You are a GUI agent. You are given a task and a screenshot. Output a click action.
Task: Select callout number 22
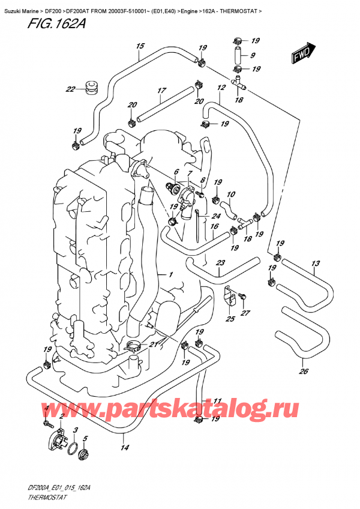[x=71, y=90]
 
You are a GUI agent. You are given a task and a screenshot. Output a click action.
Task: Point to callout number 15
[x=140, y=46]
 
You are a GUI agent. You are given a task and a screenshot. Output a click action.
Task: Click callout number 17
[x=161, y=91]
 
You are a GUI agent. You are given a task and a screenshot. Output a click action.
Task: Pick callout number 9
[x=252, y=56]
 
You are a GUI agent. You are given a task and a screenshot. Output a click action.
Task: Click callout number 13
[x=316, y=264]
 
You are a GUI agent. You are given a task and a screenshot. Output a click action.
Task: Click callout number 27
[x=245, y=312]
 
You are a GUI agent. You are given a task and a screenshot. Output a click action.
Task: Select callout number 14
[x=124, y=447]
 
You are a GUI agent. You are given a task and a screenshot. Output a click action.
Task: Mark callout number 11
[x=217, y=401]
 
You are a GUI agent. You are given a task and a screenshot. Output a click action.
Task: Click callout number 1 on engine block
[x=171, y=275]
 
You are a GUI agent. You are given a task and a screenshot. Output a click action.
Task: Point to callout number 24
[x=215, y=217]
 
